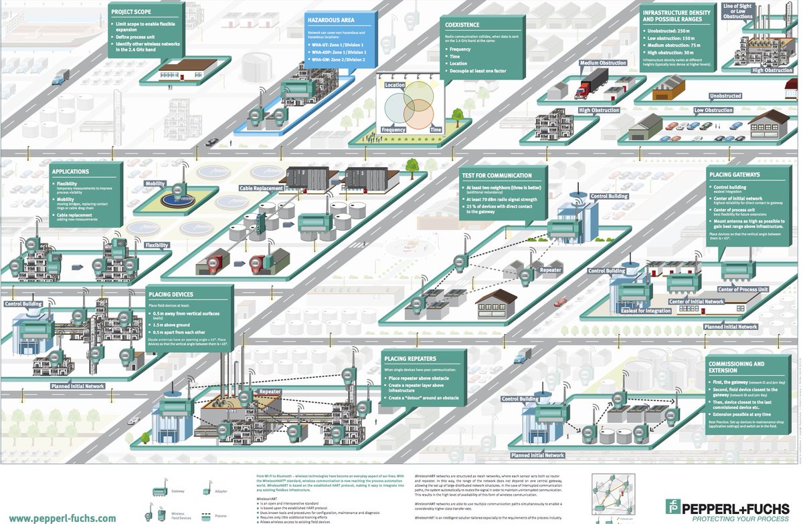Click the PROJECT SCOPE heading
pyautogui.click(x=131, y=11)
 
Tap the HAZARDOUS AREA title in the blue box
pyautogui.click(x=331, y=20)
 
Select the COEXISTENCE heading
pyautogui.click(x=462, y=24)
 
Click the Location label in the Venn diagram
pyautogui.click(x=395, y=86)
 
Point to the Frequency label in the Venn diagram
pyautogui.click(x=393, y=130)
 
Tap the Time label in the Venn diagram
pyautogui.click(x=436, y=130)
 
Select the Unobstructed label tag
pyautogui.click(x=725, y=96)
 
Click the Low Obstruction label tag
pyautogui.click(x=713, y=110)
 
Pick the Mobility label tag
pyautogui.click(x=155, y=183)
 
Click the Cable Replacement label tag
pyautogui.click(x=261, y=188)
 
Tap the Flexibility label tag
pyautogui.click(x=157, y=245)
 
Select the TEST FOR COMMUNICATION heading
pyautogui.click(x=497, y=176)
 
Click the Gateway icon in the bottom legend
pyautogui.click(x=160, y=491)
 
